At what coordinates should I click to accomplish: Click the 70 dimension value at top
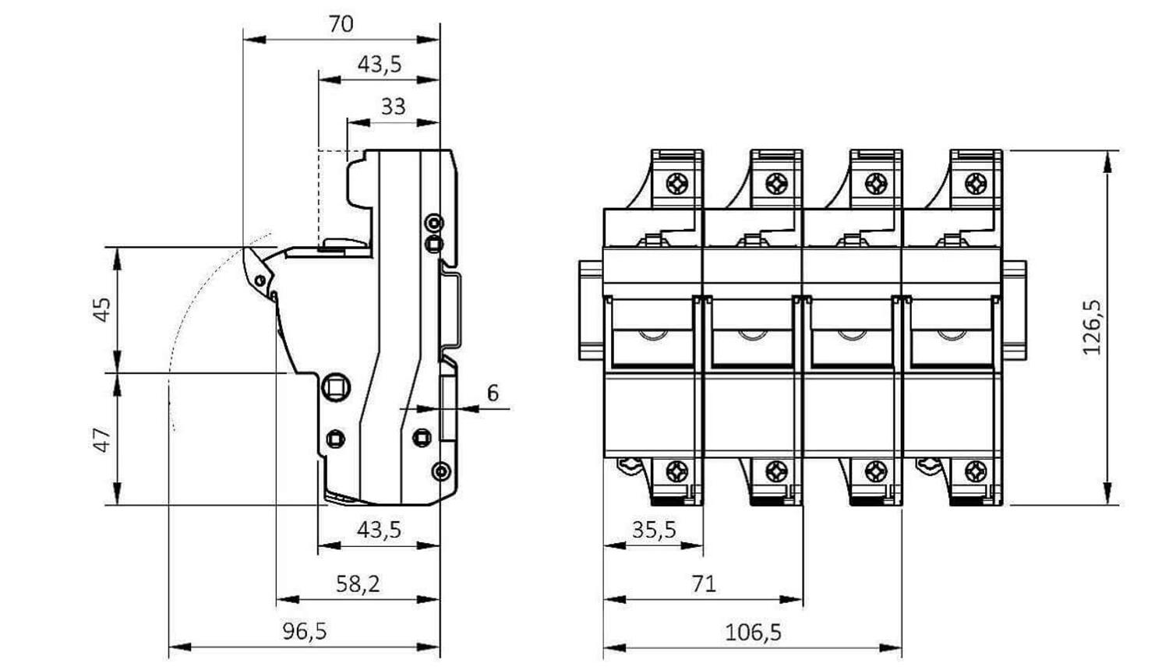(x=341, y=24)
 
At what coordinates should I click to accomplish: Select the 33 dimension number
(x=393, y=107)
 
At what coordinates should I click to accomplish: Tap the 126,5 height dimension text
(x=1092, y=327)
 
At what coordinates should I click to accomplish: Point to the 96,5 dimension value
(x=305, y=631)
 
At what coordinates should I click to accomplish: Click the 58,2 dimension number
(x=358, y=584)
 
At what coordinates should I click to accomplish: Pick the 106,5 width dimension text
(x=753, y=633)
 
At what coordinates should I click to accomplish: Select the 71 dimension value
(x=704, y=584)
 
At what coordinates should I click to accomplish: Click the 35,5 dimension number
(x=654, y=530)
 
